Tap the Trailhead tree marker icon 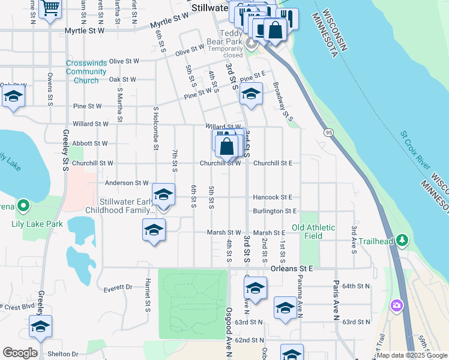coord(403,241)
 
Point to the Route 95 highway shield coord(328,132)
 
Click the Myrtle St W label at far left coord(85,30)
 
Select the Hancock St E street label coord(273,197)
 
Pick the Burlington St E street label coord(275,211)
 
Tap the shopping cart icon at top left coord(50,8)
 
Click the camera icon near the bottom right coord(396,307)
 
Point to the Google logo coord(20,353)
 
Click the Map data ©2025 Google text coord(412,355)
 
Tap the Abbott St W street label coord(90,144)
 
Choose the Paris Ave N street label coord(337,293)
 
